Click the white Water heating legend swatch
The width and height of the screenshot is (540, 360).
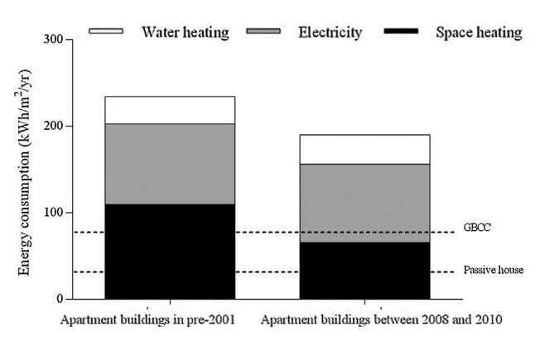click(106, 31)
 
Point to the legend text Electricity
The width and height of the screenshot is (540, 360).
click(330, 32)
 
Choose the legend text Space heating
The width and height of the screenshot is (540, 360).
click(479, 32)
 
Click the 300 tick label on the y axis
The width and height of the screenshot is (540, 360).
click(51, 41)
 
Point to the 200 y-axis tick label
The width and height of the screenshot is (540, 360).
click(51, 127)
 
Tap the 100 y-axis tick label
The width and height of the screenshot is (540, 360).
click(51, 213)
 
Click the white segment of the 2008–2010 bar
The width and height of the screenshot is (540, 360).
click(364, 149)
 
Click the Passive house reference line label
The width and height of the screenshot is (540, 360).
click(494, 270)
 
